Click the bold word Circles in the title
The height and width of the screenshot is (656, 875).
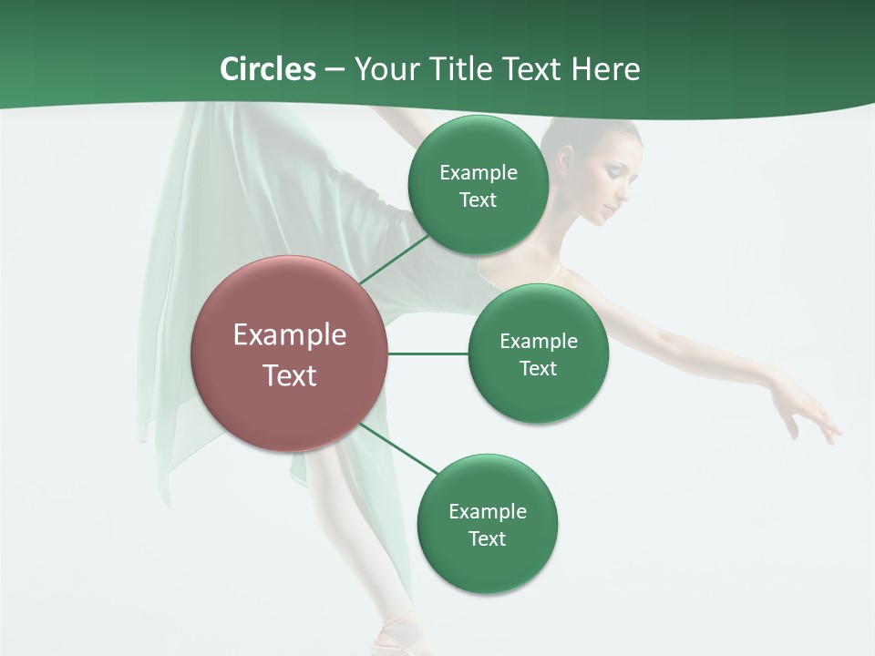click(x=268, y=69)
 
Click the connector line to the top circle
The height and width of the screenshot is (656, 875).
click(x=394, y=259)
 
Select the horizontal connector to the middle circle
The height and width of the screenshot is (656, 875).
click(x=427, y=354)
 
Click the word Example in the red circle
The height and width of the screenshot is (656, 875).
click(x=290, y=335)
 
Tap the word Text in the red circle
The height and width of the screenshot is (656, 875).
click(x=290, y=375)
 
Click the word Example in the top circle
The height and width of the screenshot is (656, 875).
click(x=479, y=173)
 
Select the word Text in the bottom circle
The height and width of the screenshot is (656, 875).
click(x=487, y=539)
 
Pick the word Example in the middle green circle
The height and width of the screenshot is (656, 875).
click(x=539, y=342)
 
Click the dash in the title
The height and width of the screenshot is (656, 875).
click(x=335, y=70)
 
